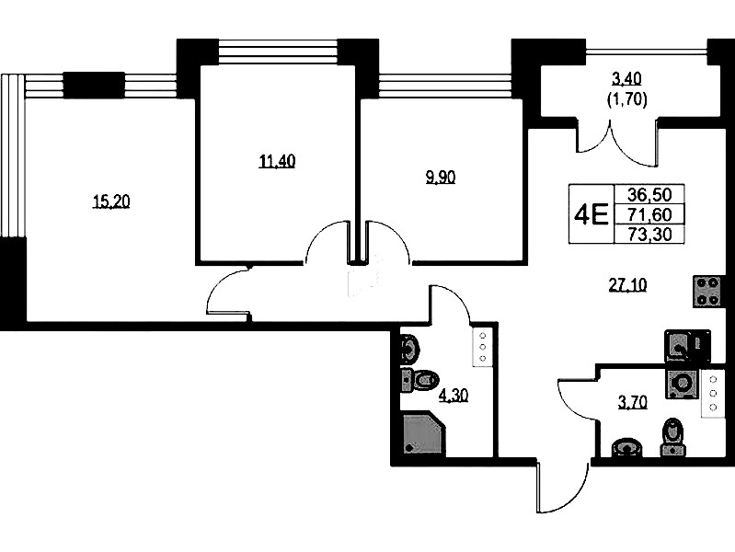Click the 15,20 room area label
point(111,201)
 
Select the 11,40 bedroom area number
point(277,161)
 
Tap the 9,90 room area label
point(440,178)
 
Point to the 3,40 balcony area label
point(626,79)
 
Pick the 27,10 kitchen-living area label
point(627,284)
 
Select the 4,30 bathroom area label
point(453,397)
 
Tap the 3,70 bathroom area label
point(632,402)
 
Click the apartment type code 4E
point(591,214)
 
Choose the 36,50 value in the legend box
point(649,194)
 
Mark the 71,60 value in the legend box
point(649,214)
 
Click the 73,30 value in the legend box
point(649,234)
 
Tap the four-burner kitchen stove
point(706,292)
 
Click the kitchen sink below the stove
point(687,346)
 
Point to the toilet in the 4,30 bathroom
point(420,380)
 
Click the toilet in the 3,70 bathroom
point(673,438)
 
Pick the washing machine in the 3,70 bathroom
point(683,383)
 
